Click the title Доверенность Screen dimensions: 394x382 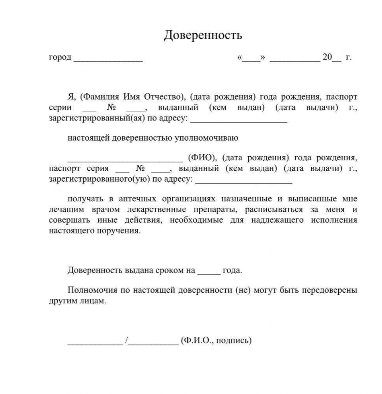click(x=202, y=35)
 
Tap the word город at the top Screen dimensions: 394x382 click(x=60, y=57)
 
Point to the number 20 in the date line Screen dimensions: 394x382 click(x=327, y=57)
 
